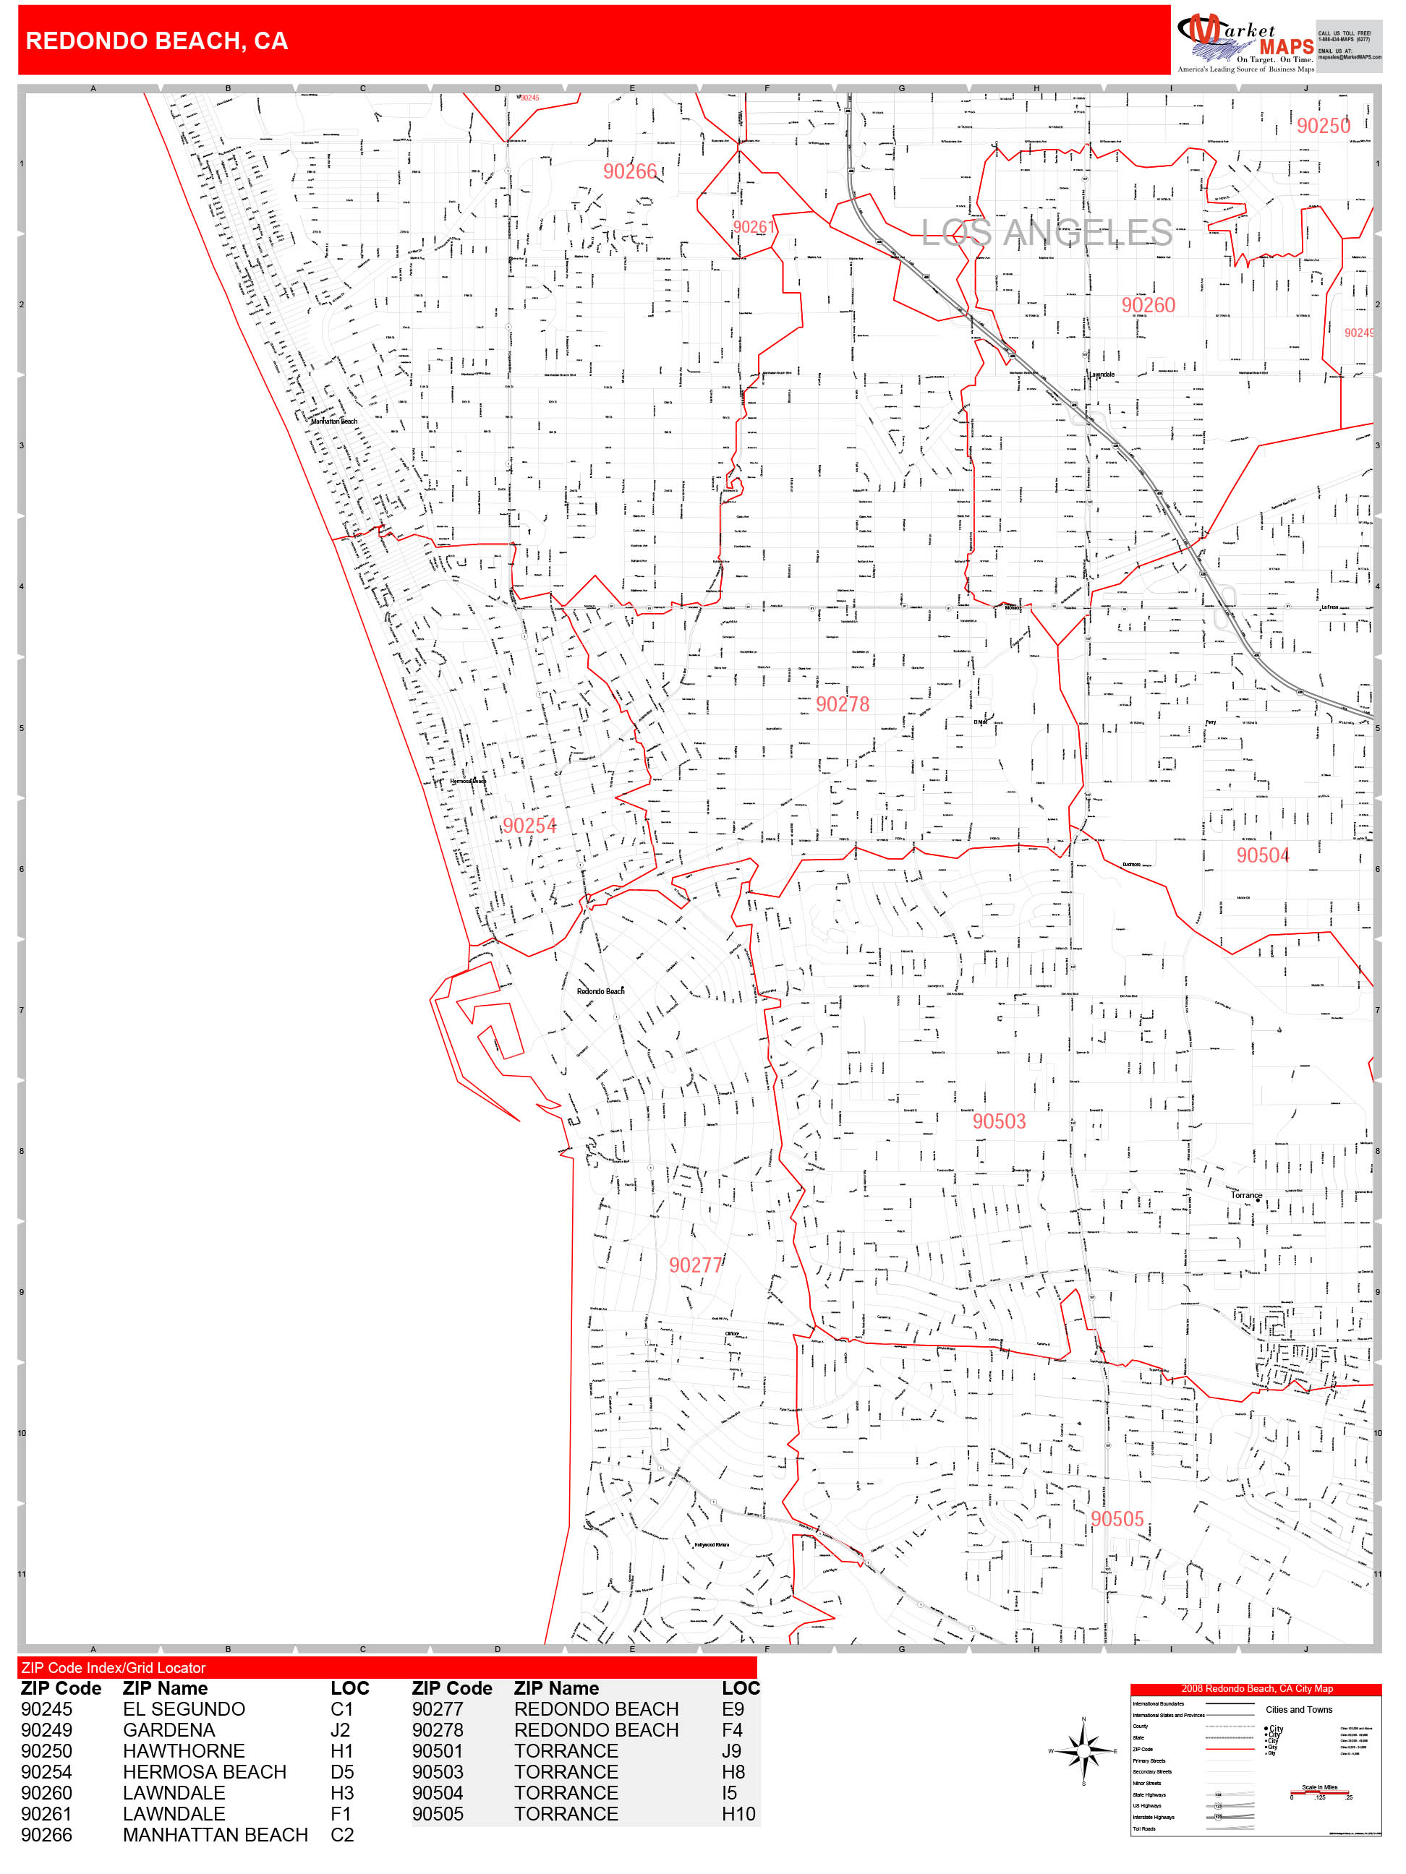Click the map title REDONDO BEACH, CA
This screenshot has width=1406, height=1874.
tap(157, 40)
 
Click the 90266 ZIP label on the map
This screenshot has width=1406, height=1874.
tap(630, 171)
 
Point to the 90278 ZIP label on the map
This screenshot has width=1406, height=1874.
tap(843, 704)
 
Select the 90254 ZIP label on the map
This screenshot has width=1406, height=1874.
tap(529, 825)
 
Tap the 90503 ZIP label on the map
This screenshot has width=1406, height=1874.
tap(1000, 1121)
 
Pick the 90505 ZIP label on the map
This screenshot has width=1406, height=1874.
tap(1117, 1519)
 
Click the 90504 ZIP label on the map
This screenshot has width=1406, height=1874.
tap(1263, 856)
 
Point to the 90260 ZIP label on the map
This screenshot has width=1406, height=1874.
tap(1149, 305)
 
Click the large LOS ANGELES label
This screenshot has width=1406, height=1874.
tap(1047, 232)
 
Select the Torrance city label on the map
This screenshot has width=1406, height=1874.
tap(1246, 1195)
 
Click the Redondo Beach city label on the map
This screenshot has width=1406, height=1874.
tap(600, 991)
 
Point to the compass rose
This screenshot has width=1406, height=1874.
tap(1083, 1750)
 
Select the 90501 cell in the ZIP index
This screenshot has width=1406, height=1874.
tap(438, 1750)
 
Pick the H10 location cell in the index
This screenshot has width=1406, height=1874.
tap(738, 1814)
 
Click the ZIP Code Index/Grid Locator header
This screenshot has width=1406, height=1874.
tap(114, 1667)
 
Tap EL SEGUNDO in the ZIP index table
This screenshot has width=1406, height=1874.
tap(184, 1709)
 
